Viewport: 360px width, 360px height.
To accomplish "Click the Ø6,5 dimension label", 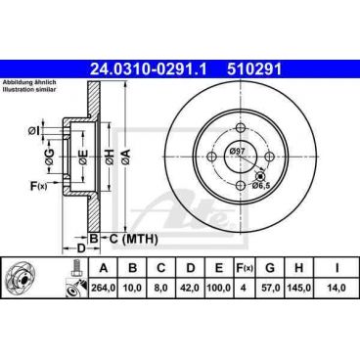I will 261,185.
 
